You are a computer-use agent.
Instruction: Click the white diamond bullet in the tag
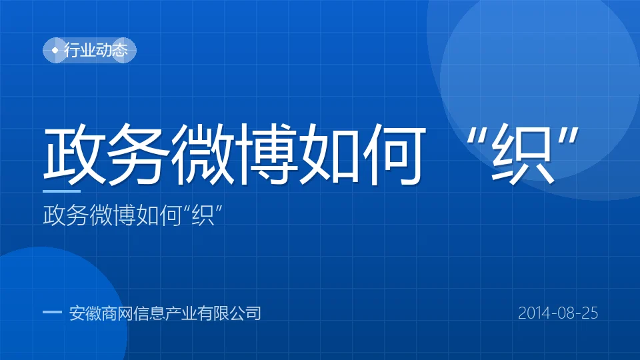(x=55, y=50)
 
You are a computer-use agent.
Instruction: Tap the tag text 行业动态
(x=96, y=50)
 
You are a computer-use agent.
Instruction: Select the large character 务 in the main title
(x=139, y=154)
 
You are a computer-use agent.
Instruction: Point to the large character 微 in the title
(x=202, y=154)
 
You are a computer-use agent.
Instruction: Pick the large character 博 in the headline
(x=266, y=154)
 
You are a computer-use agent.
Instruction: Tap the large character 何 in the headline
(x=393, y=154)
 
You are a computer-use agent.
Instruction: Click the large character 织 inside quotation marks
(x=523, y=154)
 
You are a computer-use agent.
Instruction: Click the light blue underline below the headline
(x=61, y=191)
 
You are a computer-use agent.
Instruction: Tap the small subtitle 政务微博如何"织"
(x=133, y=215)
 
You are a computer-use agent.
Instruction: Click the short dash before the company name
(x=52, y=312)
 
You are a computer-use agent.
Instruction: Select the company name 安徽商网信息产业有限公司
(x=165, y=313)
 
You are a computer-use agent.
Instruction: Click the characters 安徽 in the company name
(x=85, y=313)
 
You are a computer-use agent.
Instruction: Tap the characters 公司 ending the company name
(x=245, y=313)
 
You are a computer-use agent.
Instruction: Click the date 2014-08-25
(x=558, y=313)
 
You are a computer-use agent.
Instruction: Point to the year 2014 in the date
(x=534, y=313)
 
